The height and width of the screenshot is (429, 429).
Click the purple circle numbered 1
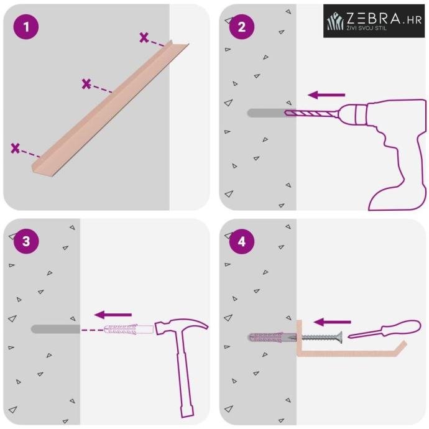point(26,27)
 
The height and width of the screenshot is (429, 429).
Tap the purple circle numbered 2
point(242,27)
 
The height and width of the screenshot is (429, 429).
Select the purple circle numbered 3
point(26,241)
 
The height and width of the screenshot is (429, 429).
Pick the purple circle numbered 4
point(242,241)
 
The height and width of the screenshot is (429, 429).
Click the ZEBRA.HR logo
point(374,21)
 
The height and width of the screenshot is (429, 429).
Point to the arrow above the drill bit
point(326,95)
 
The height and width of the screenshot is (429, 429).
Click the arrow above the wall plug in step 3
point(113,315)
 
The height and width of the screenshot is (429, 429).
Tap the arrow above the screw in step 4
point(332,322)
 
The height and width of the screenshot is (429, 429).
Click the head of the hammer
point(181,326)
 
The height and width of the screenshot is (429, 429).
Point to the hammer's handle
point(185,375)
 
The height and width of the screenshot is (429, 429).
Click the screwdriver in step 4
point(384,329)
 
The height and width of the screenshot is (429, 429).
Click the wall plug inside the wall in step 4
point(272,338)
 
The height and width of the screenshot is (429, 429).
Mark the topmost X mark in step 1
point(144,37)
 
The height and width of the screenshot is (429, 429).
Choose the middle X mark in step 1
point(86,84)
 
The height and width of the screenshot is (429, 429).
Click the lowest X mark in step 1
point(16,148)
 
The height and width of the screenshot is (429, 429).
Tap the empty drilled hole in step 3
point(55,329)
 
